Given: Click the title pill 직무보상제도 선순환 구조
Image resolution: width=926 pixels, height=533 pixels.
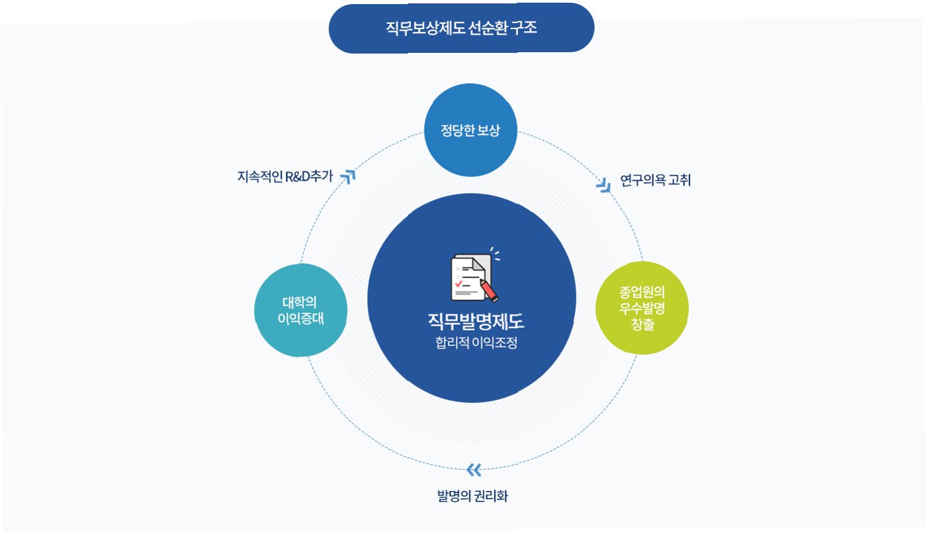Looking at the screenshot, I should [461, 28].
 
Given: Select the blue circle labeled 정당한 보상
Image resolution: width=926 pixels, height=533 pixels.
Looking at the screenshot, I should [471, 130].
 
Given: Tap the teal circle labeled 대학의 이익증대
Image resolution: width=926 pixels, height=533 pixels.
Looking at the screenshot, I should [301, 310].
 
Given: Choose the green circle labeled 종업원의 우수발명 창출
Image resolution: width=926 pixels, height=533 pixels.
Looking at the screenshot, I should [641, 307].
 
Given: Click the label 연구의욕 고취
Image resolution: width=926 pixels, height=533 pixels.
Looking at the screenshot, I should [655, 180].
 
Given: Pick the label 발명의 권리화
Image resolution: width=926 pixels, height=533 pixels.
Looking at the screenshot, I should [472, 496].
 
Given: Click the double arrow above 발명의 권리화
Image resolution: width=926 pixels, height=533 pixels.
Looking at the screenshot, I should [473, 469].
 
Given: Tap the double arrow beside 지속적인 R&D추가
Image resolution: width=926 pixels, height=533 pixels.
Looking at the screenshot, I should [349, 175].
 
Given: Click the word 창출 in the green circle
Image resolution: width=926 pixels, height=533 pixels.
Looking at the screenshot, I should [641, 325].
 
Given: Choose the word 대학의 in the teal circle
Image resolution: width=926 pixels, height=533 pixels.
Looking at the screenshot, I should [300, 301].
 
